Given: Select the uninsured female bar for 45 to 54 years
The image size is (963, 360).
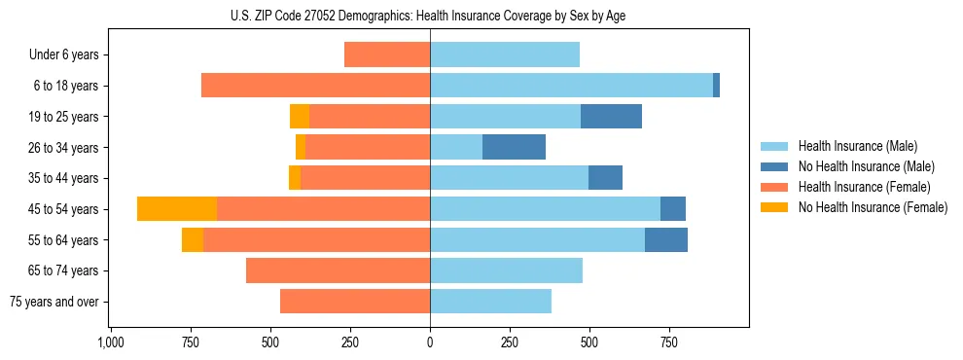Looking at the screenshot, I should tap(177, 208).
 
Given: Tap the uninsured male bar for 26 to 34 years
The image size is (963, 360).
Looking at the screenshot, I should tap(514, 147).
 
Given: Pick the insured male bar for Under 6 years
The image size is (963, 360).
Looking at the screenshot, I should tap(505, 54).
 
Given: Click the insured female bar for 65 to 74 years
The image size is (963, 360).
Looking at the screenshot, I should tap(338, 270).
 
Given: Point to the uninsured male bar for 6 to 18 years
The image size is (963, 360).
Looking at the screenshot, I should tap(716, 86).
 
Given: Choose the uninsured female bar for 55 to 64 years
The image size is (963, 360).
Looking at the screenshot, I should tap(193, 239).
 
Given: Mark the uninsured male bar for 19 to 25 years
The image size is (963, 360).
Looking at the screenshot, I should tap(611, 117).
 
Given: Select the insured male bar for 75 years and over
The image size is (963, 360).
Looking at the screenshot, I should tap(490, 302).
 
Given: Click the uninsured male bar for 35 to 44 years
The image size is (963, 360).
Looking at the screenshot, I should tap(605, 178).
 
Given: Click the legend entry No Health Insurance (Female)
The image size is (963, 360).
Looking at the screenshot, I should tap(873, 207).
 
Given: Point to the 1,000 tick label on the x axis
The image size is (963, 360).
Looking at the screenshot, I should tap(110, 343).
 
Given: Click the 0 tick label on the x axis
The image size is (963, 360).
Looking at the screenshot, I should tap(430, 343).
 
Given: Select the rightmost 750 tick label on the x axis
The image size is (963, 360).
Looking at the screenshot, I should tap(669, 343).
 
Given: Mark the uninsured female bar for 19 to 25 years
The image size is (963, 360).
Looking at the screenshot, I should tap(300, 117).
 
